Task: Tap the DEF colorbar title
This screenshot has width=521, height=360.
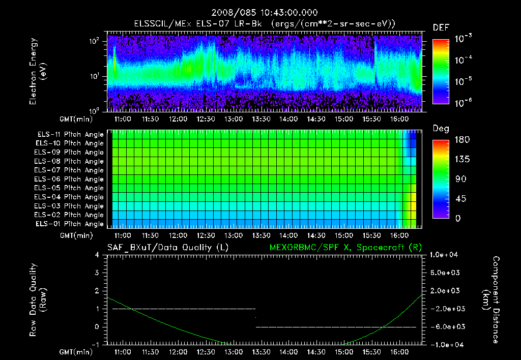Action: [440, 28]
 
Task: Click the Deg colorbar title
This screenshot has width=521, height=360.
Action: [440, 129]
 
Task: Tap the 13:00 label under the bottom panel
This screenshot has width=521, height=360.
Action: [234, 352]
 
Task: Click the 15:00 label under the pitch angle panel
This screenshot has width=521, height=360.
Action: [344, 236]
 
